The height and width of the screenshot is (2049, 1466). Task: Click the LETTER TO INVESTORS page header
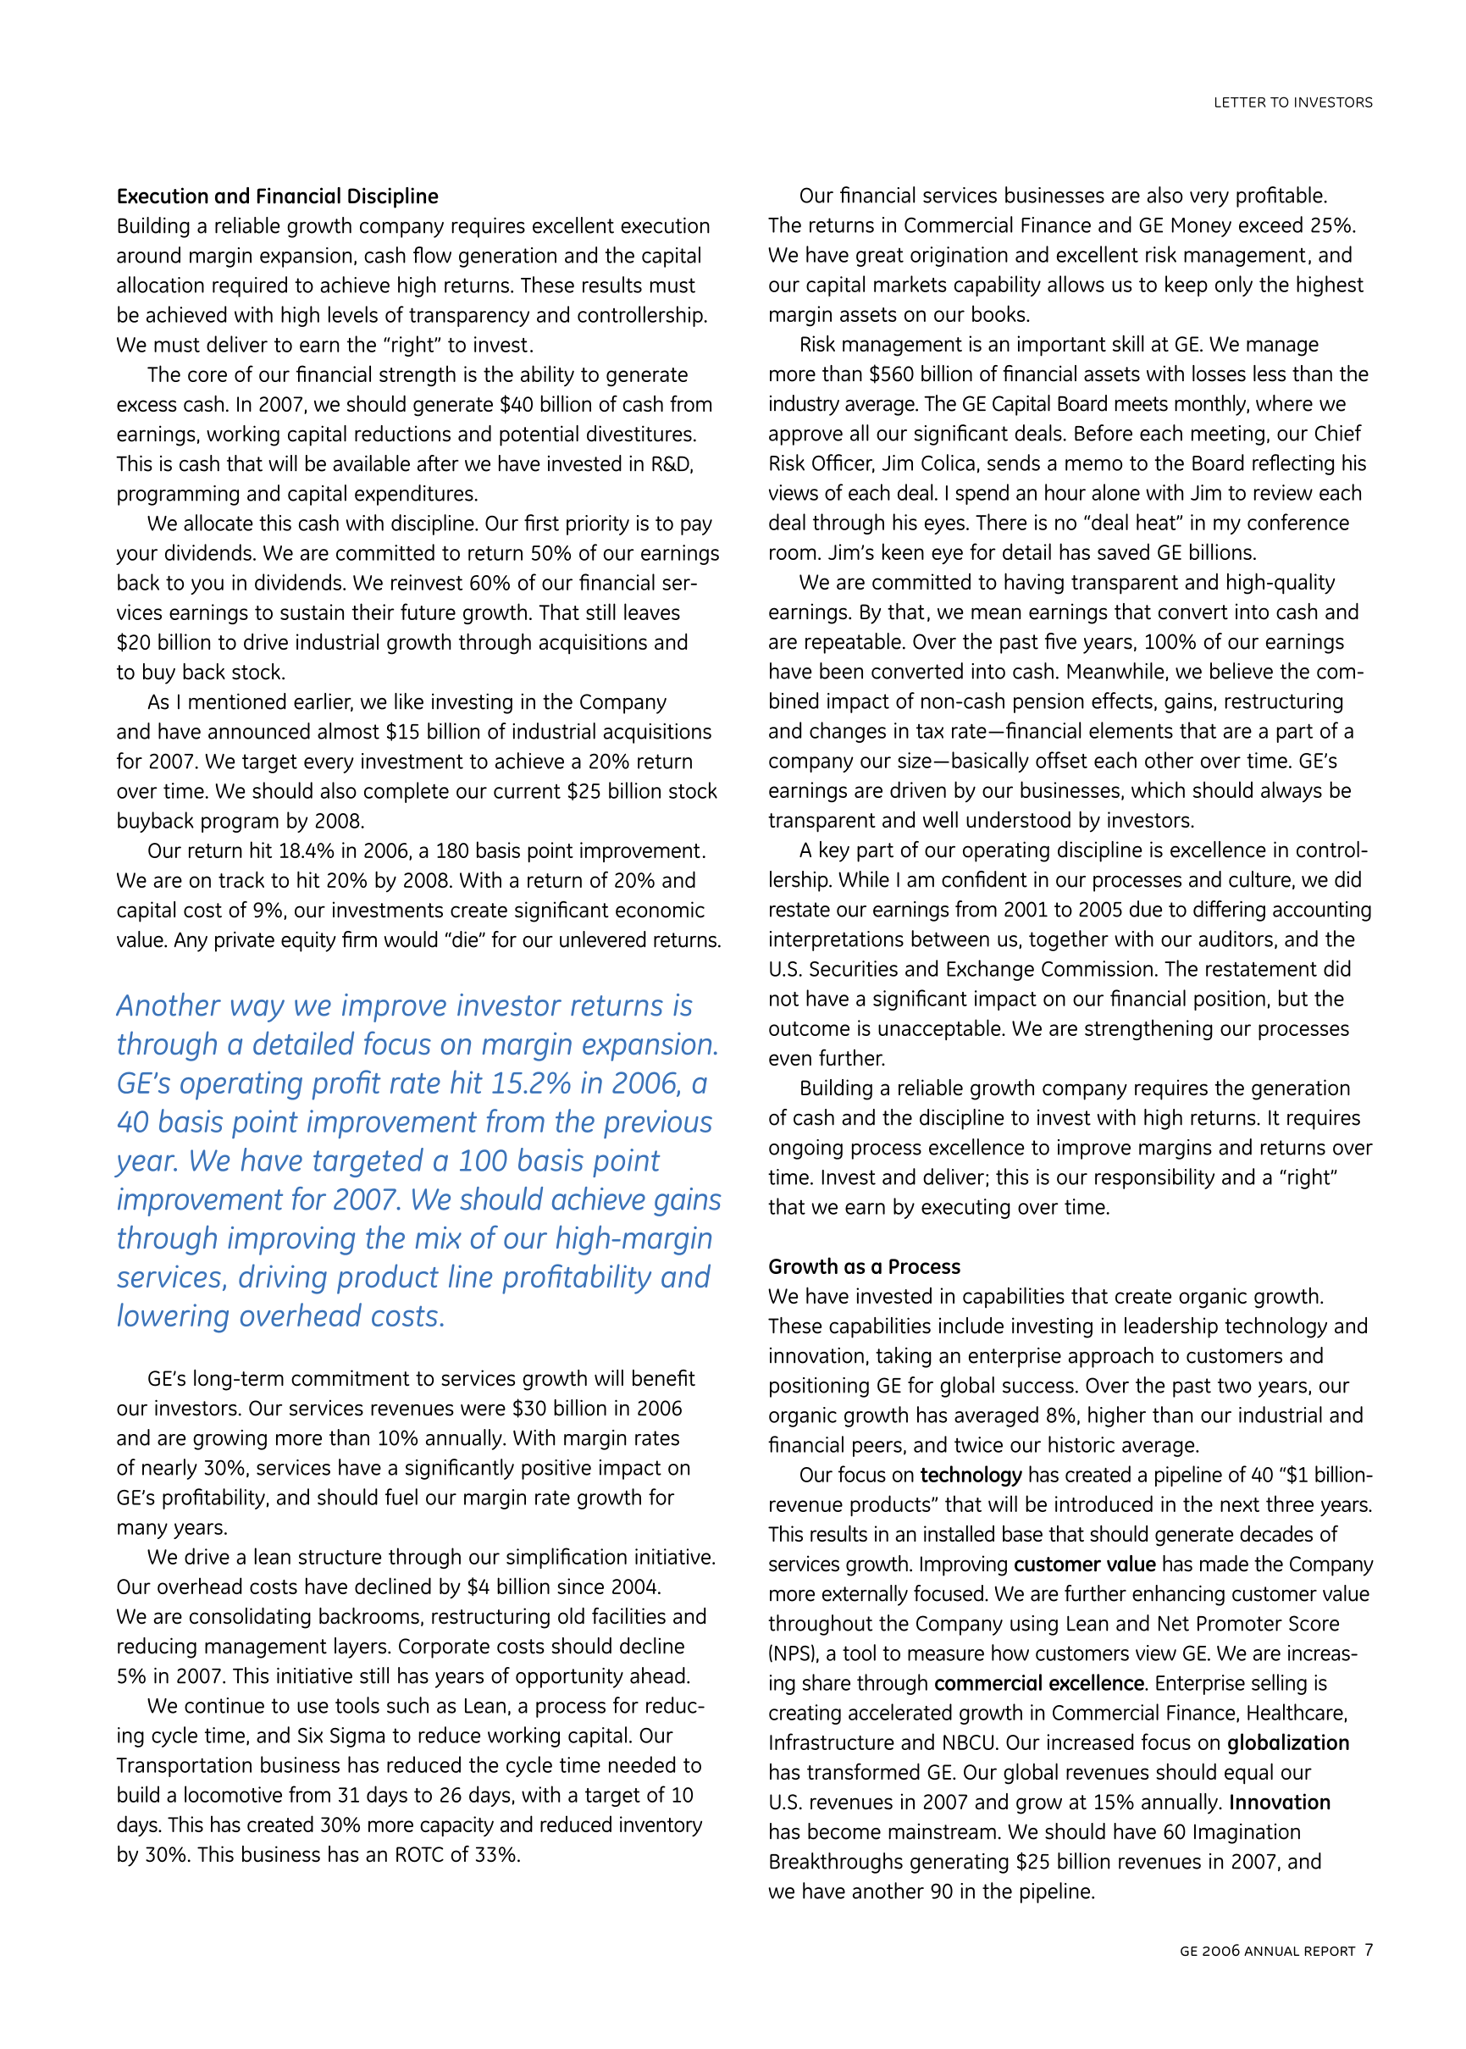tap(1292, 102)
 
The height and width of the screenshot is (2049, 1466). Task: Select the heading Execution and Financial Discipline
tap(277, 196)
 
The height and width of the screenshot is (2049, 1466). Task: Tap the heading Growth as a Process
tap(864, 1266)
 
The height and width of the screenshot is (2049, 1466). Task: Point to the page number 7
tap(1369, 1950)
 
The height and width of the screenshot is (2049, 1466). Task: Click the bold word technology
tap(971, 1475)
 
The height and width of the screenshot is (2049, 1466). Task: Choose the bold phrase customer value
tap(1084, 1564)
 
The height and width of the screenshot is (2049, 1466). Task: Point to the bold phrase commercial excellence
tap(1039, 1683)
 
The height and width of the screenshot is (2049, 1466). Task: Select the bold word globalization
tap(1288, 1743)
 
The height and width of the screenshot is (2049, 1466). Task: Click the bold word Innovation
tap(1279, 1803)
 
